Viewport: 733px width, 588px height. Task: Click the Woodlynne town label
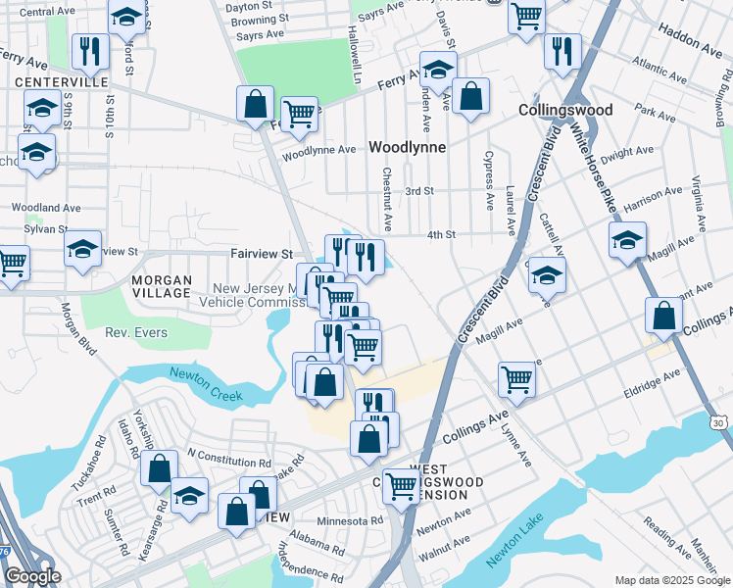tap(407, 147)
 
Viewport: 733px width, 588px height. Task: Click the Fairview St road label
tap(262, 253)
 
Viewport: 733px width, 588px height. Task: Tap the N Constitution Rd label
tap(227, 459)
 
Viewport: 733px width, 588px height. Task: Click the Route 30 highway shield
tap(720, 422)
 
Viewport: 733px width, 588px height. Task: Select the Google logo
tap(31, 576)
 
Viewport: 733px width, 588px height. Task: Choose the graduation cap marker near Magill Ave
tap(627, 240)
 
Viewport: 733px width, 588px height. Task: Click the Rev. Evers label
tap(136, 333)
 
